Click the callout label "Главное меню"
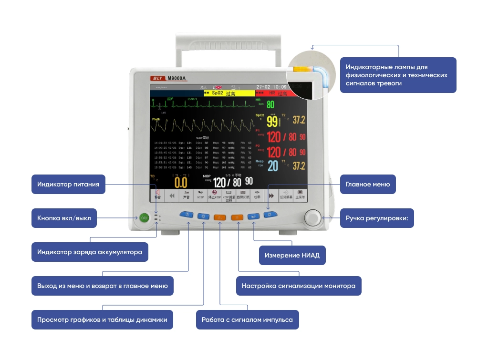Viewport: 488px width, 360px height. pos(367,185)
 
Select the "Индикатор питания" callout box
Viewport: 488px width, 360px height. pos(68,185)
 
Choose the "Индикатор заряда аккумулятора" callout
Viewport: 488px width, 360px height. pos(90,252)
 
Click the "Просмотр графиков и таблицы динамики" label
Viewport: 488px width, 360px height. pos(102,320)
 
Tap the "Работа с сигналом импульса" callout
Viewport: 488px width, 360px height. pos(247,320)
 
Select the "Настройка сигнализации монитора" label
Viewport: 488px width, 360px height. pos(299,286)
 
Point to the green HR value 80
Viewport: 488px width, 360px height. pos(270,105)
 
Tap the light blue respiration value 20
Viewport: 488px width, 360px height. pos(272,166)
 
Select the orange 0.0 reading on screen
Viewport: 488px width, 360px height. pos(180,182)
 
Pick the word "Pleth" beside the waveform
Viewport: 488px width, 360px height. pos(156,119)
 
